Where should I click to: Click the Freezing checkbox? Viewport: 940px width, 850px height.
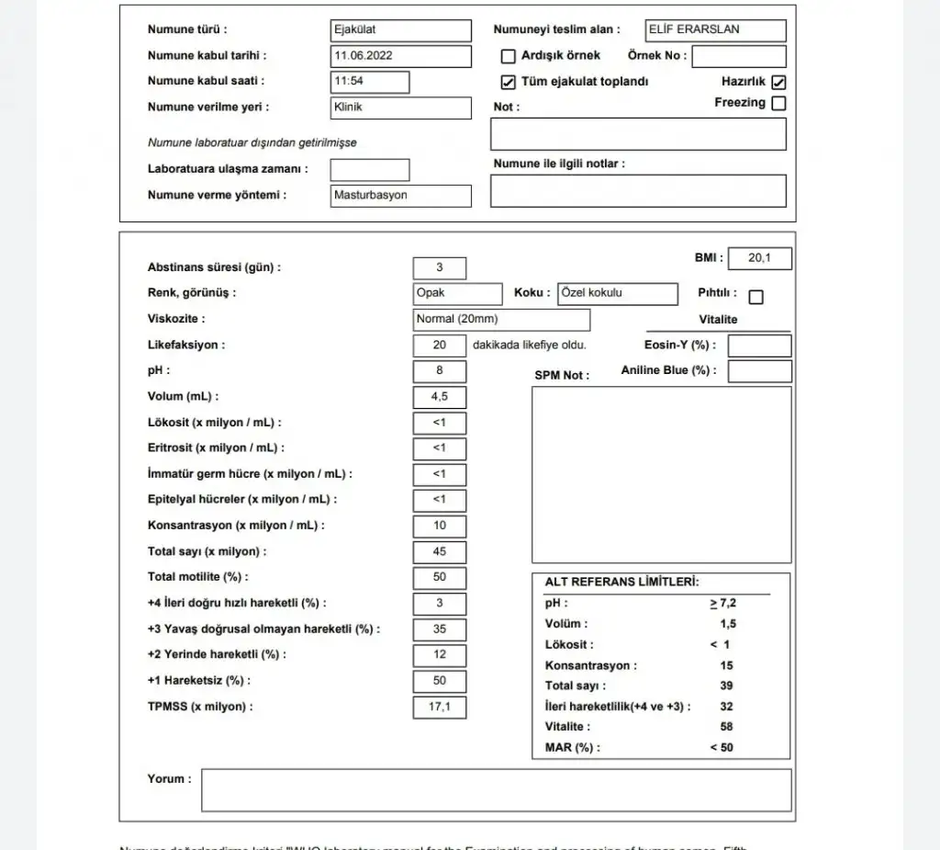(778, 103)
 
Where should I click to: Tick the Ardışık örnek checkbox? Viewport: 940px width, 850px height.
(508, 56)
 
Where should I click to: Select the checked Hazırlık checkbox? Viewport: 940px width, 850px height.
(778, 82)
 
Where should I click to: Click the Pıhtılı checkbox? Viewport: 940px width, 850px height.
(755, 297)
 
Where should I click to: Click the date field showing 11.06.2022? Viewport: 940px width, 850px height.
(401, 56)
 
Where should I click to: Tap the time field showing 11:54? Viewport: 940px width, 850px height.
(370, 82)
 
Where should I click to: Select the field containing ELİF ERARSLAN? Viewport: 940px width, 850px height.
(716, 30)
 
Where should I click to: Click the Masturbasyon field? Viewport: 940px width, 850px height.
(401, 196)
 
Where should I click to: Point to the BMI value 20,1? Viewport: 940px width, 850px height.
(759, 259)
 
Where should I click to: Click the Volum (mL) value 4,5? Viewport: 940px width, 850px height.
(440, 398)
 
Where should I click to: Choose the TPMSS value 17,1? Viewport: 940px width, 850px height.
(440, 708)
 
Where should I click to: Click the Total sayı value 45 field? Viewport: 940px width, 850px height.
(440, 552)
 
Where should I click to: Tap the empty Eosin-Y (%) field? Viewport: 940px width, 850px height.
(759, 346)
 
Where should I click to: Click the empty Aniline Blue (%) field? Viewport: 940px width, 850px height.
(759, 371)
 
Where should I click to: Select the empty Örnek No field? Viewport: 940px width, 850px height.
(739, 57)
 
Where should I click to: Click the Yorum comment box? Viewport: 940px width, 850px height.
(496, 790)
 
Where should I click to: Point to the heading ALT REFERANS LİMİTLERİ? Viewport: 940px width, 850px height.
(621, 583)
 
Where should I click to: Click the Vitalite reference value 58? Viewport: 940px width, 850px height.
(726, 727)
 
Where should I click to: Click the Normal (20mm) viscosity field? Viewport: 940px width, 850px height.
(501, 320)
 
